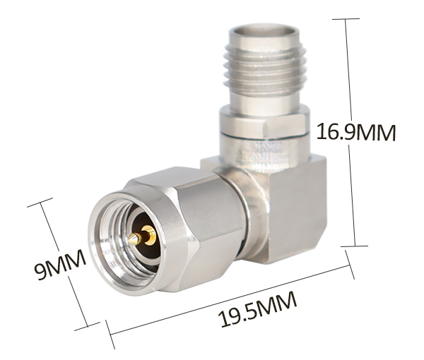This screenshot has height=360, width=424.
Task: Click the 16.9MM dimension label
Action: point(356,132)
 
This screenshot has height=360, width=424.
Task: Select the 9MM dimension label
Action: point(60,265)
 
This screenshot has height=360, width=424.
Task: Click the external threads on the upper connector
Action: point(264,68)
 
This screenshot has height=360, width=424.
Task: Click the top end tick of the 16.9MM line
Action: point(346,19)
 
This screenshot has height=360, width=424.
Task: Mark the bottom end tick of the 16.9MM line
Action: point(354,246)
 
